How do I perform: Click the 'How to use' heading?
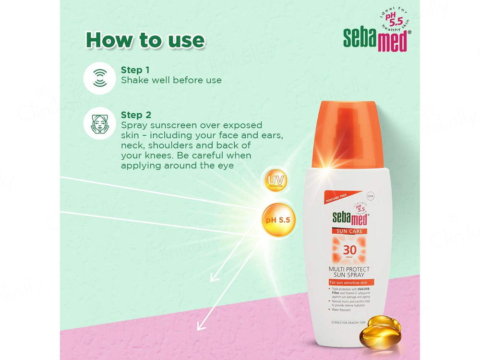tap(145, 40)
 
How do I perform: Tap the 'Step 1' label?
tap(135, 70)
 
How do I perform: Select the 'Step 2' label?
tap(136, 115)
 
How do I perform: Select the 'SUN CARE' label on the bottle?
tap(349, 231)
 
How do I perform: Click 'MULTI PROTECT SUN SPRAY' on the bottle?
tap(349, 272)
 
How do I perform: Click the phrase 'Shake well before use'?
tap(171, 80)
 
